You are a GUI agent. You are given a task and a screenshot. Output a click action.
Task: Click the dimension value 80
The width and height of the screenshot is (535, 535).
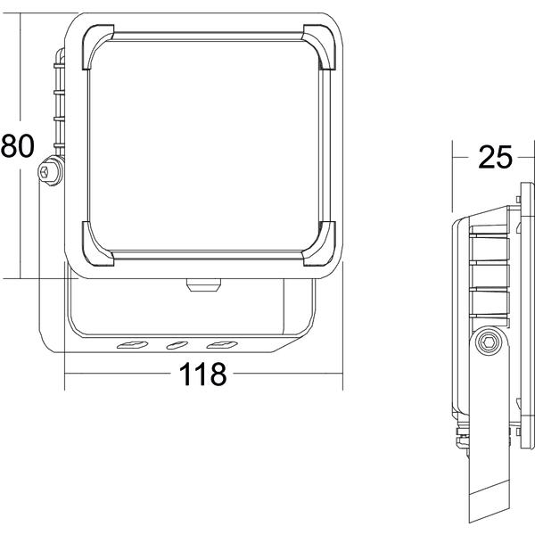pyautogui.click(x=18, y=145)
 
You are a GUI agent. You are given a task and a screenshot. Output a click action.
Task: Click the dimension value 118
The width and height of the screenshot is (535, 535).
pyautogui.click(x=202, y=374)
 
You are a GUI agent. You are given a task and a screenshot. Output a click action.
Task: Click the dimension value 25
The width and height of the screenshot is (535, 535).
pyautogui.click(x=495, y=157)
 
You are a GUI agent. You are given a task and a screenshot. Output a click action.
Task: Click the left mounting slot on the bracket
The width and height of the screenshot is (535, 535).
pyautogui.click(x=132, y=345)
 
